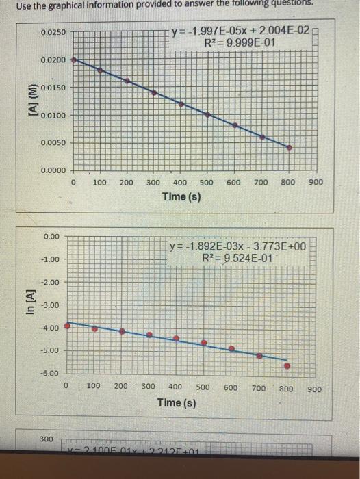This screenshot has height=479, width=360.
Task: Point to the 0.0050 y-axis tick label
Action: point(53,143)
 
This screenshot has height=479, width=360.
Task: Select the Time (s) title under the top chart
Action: point(181,197)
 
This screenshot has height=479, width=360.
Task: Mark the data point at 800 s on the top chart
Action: point(289,147)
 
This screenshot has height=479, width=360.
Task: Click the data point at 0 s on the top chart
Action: point(74,60)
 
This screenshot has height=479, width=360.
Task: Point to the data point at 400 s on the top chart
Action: point(181,103)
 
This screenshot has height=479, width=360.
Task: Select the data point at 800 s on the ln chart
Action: point(287,365)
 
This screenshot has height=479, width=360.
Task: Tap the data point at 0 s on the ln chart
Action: point(66,326)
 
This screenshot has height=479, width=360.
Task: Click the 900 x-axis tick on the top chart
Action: point(315,183)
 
